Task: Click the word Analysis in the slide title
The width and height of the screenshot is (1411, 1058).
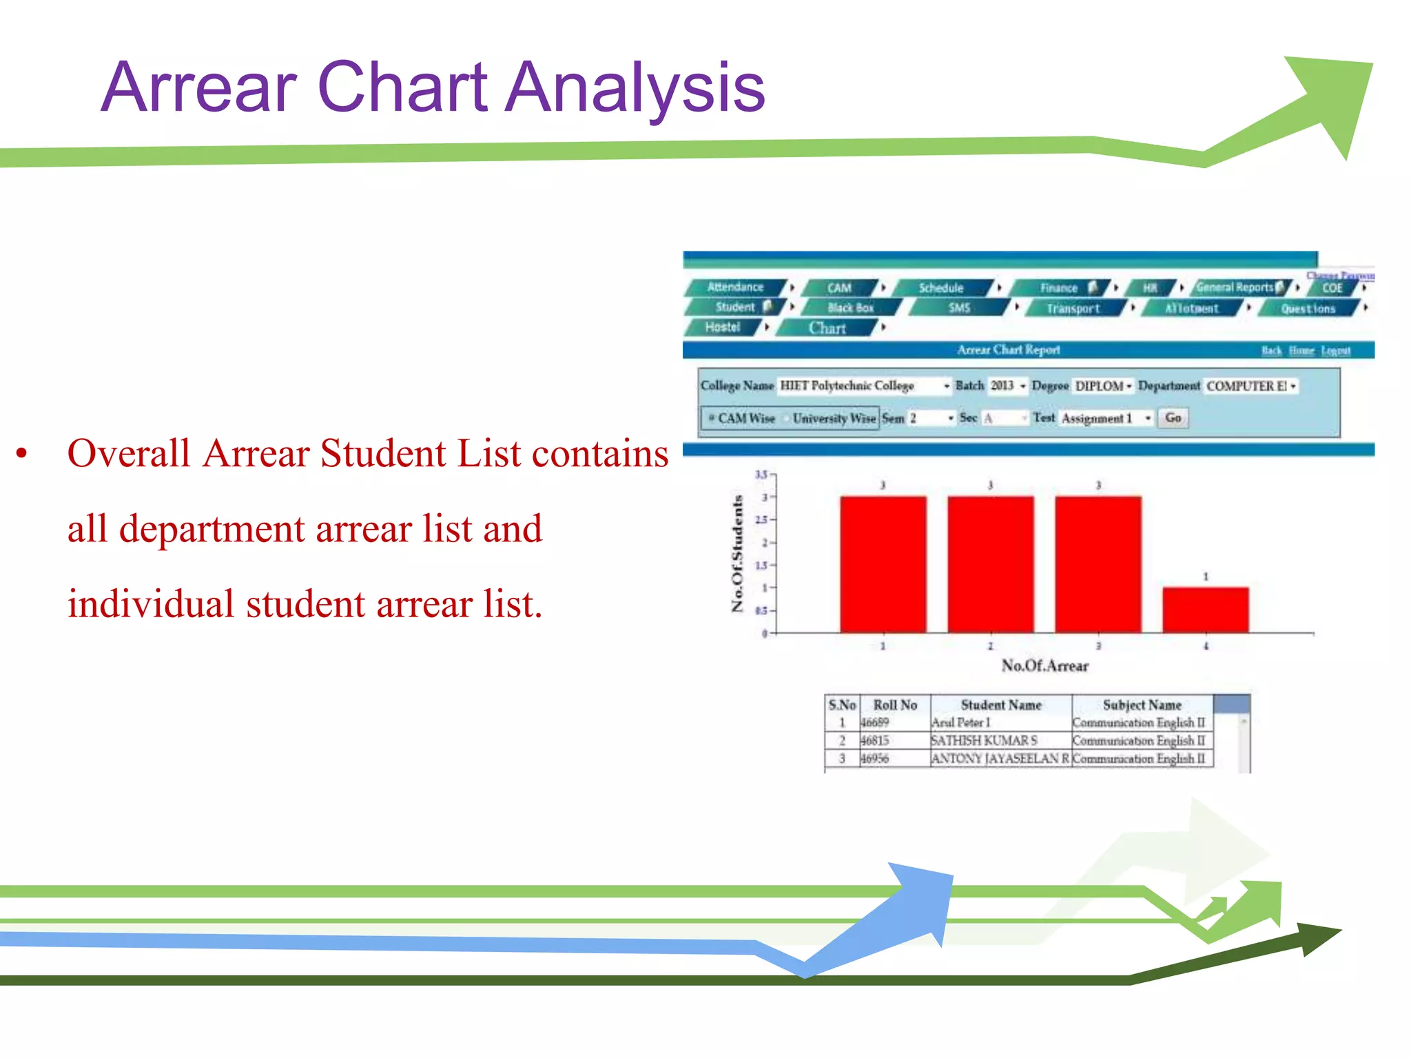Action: (635, 87)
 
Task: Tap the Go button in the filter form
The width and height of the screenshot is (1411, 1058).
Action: (1173, 417)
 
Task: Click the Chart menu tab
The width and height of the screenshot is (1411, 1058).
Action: (827, 328)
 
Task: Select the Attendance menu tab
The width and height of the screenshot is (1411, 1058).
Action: (735, 287)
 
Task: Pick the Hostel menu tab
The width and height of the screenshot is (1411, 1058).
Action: (722, 327)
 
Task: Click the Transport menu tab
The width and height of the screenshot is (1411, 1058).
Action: (1073, 308)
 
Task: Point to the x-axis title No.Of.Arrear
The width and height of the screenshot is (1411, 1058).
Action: (1044, 665)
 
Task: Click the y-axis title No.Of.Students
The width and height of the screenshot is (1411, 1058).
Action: (737, 552)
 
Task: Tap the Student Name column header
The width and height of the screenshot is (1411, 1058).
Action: (1000, 705)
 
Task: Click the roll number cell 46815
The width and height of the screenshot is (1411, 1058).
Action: (875, 740)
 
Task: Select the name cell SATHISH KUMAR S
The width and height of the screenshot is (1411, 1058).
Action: (984, 740)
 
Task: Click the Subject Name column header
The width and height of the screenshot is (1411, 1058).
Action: (1142, 705)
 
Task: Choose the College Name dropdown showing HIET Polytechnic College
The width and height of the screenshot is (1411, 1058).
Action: (864, 386)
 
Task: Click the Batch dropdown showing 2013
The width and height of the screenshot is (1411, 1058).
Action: (1007, 386)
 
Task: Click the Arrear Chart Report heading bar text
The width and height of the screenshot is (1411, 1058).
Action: (1008, 350)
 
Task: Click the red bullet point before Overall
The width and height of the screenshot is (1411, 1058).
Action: (22, 454)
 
